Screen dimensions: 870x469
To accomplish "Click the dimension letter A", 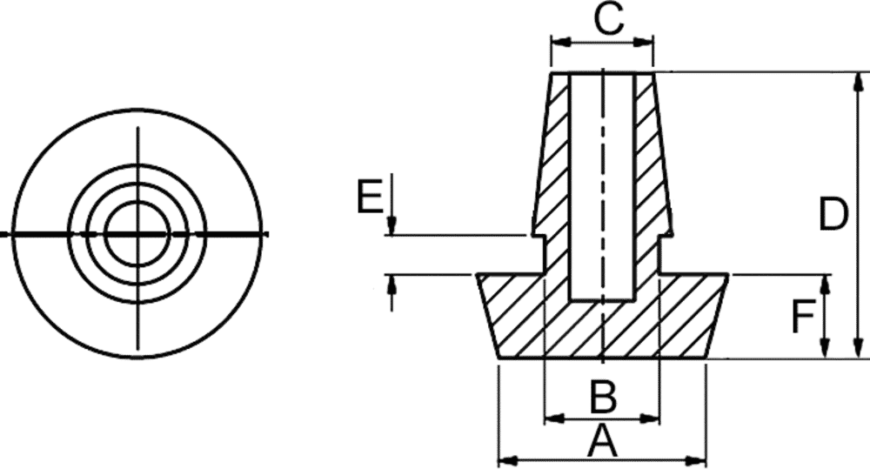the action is pos(603,441).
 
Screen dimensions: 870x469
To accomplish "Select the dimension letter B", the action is pos(603,397).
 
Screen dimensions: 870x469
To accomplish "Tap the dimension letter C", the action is pos(609,19).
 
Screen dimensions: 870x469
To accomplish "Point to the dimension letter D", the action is pos(833,214).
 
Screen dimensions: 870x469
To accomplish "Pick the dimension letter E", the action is pos(370,196).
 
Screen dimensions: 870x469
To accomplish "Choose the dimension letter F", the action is pos(803,317).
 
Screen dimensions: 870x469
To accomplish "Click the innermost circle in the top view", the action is pos(137,234).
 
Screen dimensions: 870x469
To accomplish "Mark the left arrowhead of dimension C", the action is pos(561,42).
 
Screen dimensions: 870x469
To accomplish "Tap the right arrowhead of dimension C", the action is pos(644,42).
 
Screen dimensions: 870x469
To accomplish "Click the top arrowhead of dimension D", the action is pos(860,82).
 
